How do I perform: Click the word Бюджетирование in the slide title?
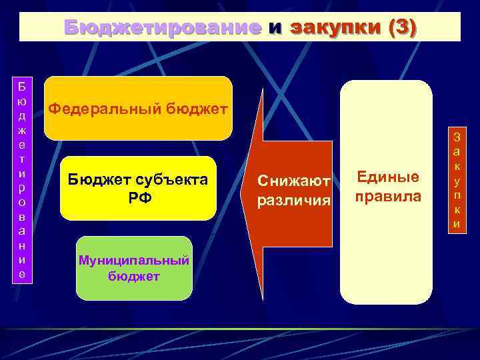tap(163, 27)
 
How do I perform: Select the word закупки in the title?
tap(333, 27)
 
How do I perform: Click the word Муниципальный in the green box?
tap(134, 260)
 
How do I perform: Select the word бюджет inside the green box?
tap(134, 275)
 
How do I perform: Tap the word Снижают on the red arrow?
tap(294, 181)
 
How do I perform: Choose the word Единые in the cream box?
tap(388, 177)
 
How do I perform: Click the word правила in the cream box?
tap(388, 197)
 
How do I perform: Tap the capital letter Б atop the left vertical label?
tap(23, 87)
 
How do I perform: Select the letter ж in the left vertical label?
tap(23, 130)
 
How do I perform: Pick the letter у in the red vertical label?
tap(457, 181)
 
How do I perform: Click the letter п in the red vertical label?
tap(457, 195)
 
